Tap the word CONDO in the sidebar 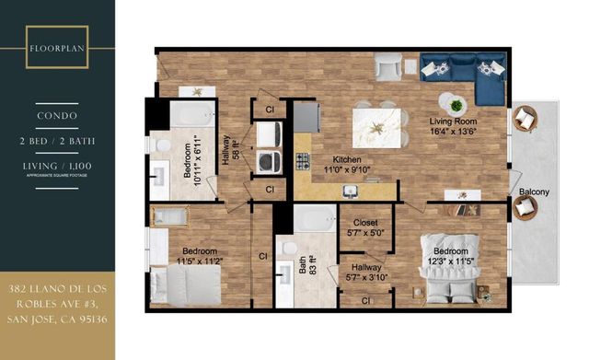click(x=57, y=117)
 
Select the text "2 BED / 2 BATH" click(x=57, y=141)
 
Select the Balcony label click(x=534, y=192)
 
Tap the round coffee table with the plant click(x=452, y=100)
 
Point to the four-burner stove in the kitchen click(x=303, y=162)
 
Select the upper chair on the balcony click(x=525, y=118)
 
